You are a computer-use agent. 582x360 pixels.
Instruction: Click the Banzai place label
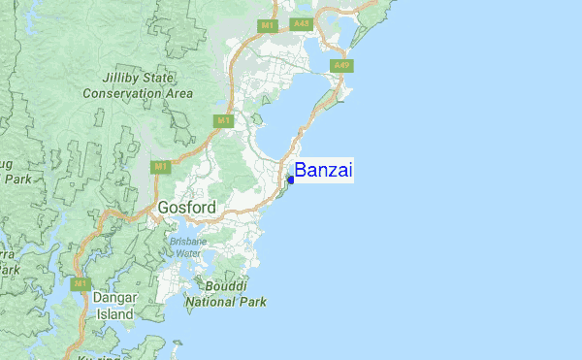[324, 172]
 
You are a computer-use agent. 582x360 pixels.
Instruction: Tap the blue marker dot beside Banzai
[290, 180]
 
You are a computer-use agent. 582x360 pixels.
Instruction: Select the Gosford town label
[186, 208]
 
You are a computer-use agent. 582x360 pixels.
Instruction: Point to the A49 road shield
[340, 66]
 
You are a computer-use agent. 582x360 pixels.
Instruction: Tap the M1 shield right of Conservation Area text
[224, 119]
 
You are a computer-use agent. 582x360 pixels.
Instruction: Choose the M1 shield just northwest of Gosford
[161, 167]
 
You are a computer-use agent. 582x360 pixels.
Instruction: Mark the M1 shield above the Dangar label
[81, 284]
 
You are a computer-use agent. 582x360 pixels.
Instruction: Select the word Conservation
[121, 93]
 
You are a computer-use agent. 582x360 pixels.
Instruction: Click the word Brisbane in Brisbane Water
[187, 242]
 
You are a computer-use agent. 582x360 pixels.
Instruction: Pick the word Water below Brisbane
[187, 253]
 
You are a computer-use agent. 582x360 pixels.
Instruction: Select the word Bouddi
[225, 287]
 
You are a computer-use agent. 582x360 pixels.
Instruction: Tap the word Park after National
[253, 302]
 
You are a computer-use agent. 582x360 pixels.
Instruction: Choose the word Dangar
[116, 298]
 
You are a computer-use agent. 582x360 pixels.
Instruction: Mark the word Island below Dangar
[116, 313]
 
